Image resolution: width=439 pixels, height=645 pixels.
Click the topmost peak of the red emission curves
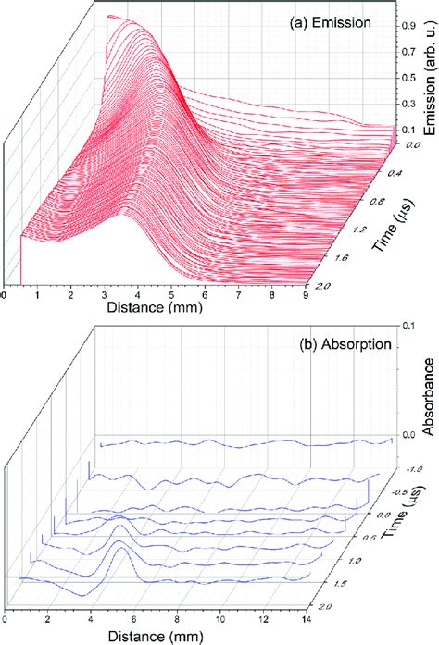(111, 16)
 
